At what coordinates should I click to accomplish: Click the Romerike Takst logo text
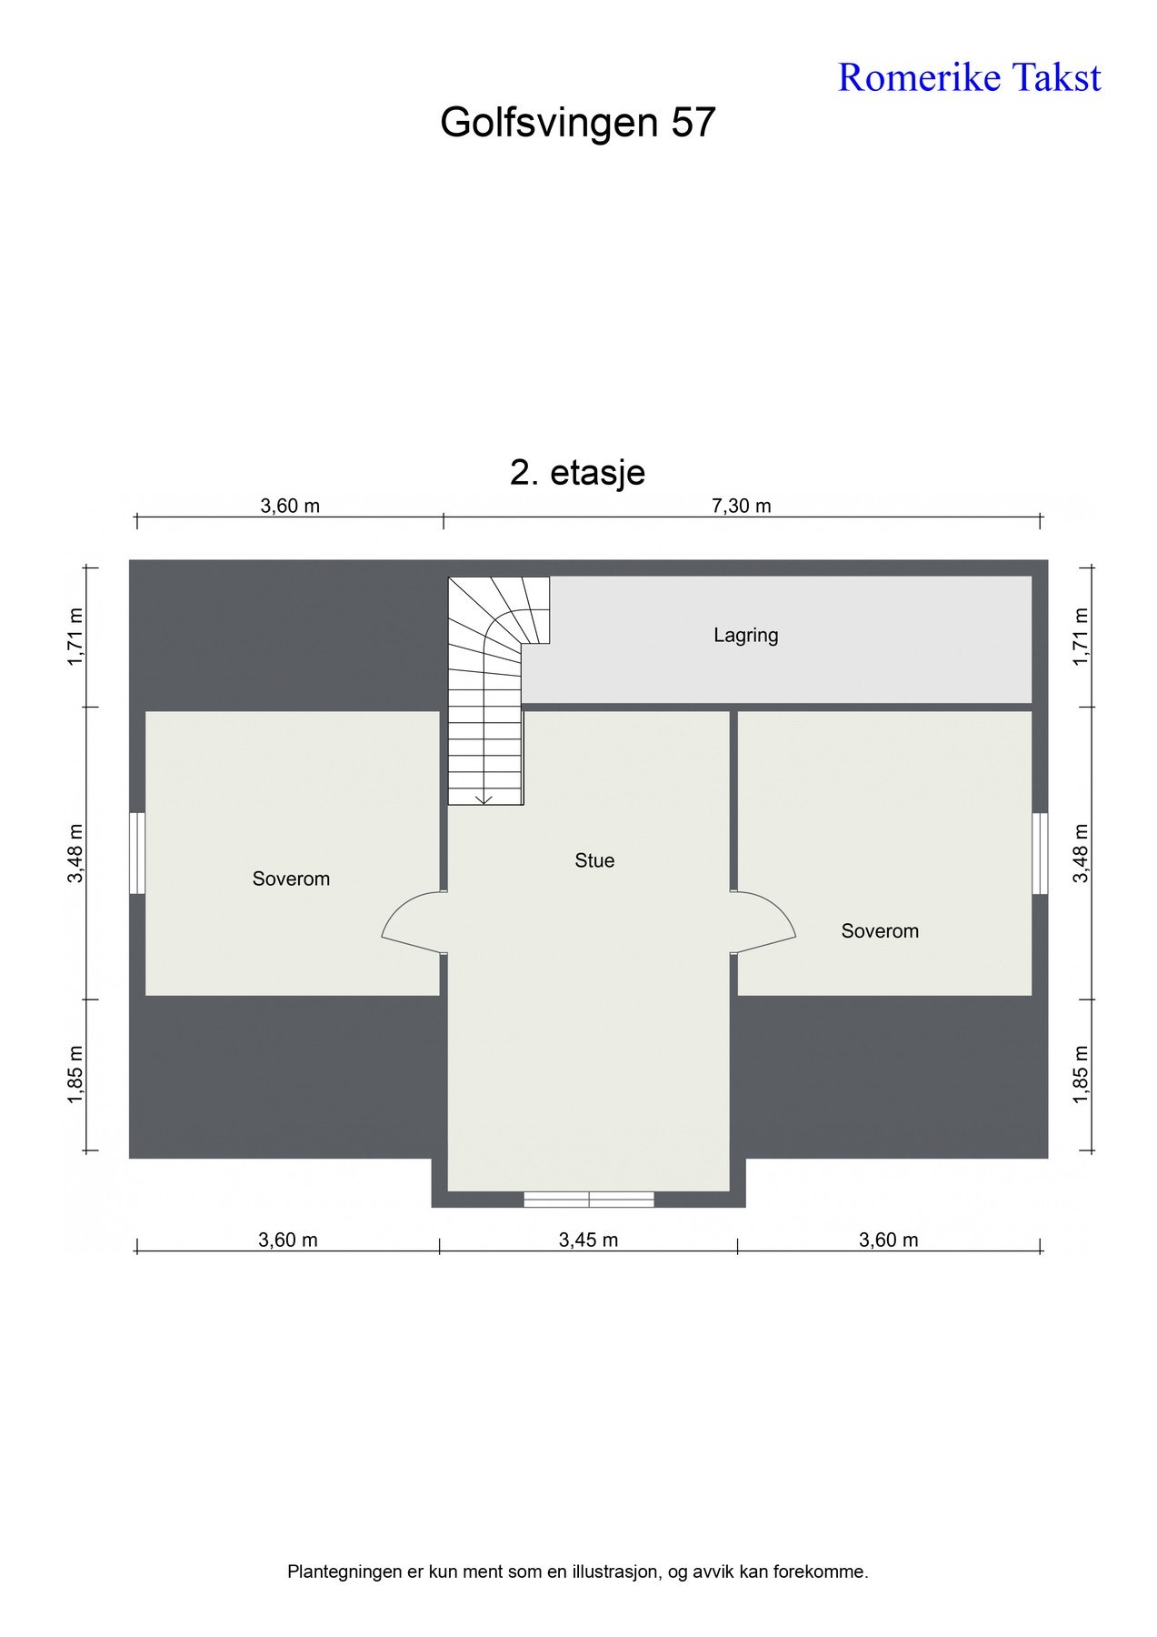click(x=969, y=77)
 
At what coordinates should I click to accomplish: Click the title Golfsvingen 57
click(x=578, y=122)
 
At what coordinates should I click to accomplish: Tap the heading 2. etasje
click(x=578, y=472)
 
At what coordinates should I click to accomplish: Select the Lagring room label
click(x=745, y=635)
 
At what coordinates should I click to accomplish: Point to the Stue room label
click(x=594, y=860)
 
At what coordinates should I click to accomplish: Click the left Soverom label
click(x=291, y=879)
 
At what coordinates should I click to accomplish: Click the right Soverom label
click(x=880, y=930)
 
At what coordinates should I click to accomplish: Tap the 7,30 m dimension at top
click(x=741, y=506)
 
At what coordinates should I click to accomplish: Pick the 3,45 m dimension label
click(x=588, y=1240)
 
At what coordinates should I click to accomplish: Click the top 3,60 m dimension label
click(x=290, y=506)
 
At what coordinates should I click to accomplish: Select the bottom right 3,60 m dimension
click(x=888, y=1240)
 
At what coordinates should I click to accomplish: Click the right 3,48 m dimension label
click(x=1081, y=853)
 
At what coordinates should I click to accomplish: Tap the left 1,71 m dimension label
click(x=75, y=637)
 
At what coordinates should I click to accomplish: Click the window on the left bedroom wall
click(x=137, y=853)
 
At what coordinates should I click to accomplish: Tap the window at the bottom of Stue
click(x=589, y=1200)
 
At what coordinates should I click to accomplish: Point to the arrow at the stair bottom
click(x=484, y=798)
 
